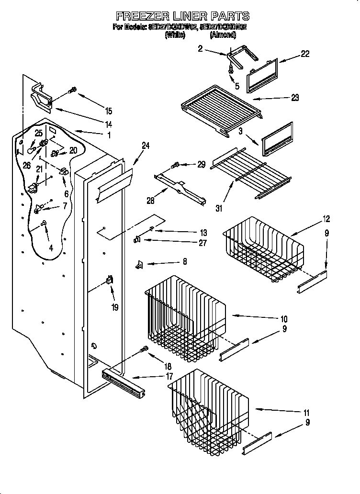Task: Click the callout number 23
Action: pos(294,98)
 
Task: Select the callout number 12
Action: pos(326,219)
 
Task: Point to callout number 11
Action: pos(306,412)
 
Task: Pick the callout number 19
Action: pos(115,307)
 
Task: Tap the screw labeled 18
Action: pos(142,350)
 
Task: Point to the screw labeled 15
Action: pos(73,90)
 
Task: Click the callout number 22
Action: pos(305,54)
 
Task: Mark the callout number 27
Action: pos(202,243)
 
